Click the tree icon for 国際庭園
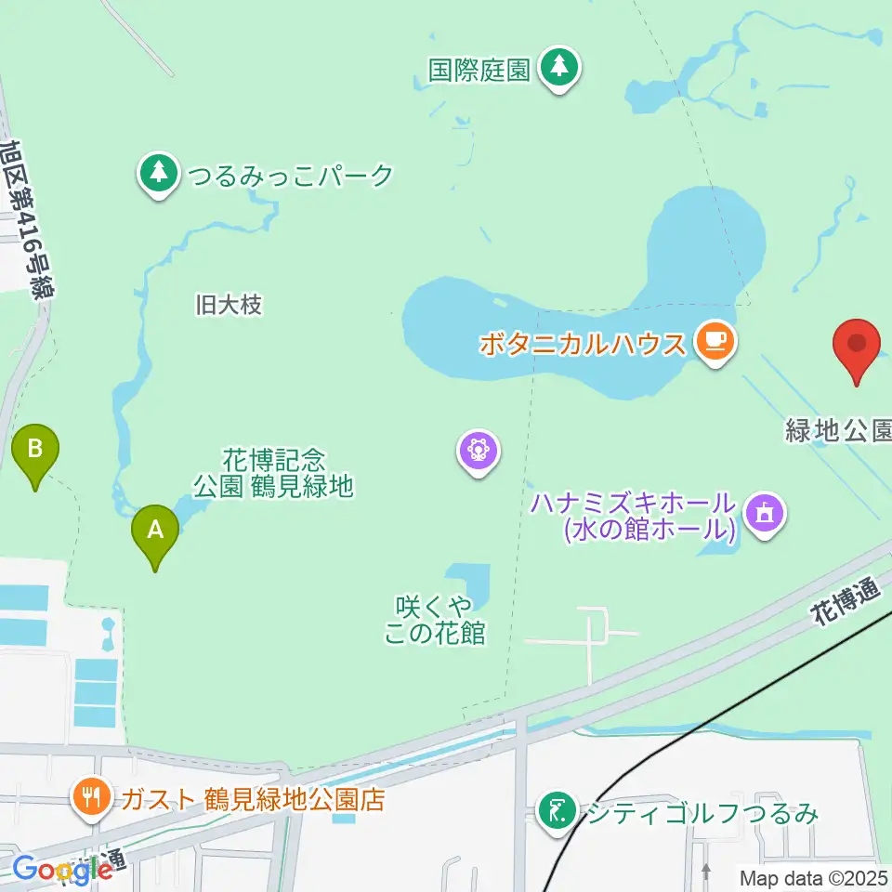click(x=558, y=69)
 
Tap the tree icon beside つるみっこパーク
click(x=159, y=174)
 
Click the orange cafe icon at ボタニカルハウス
click(x=714, y=343)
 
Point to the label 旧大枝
click(x=230, y=304)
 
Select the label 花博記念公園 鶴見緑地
click(x=274, y=472)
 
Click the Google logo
click(x=62, y=869)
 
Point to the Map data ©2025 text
click(x=813, y=876)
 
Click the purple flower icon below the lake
click(x=479, y=452)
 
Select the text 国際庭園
click(x=479, y=70)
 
